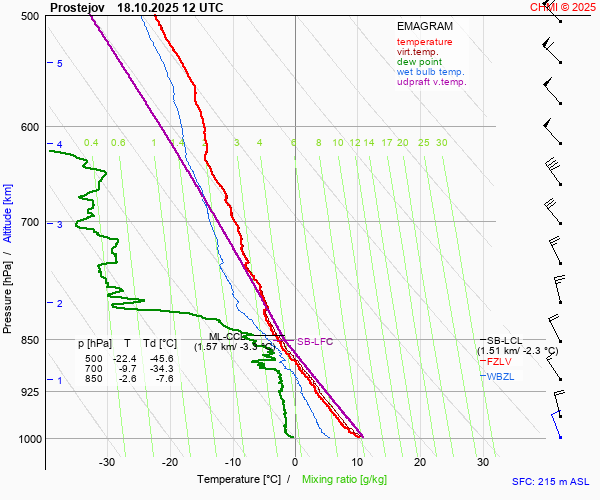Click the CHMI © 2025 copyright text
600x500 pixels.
click(564, 7)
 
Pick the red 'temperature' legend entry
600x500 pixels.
click(424, 42)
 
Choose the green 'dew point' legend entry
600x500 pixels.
click(419, 62)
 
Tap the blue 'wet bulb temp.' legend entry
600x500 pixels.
click(430, 72)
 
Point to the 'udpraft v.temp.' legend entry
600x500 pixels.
click(431, 82)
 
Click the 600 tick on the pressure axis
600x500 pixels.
click(30, 127)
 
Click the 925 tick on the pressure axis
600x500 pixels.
click(30, 392)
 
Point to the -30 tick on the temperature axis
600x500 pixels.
click(108, 462)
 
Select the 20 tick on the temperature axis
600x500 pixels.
click(420, 462)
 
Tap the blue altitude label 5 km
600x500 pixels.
click(60, 64)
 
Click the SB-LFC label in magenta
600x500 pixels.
click(315, 342)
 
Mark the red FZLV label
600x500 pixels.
click(501, 361)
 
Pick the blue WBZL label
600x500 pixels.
click(501, 376)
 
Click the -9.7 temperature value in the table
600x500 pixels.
click(127, 369)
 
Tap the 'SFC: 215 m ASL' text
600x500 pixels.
click(553, 481)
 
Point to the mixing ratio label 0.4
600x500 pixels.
click(91, 143)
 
